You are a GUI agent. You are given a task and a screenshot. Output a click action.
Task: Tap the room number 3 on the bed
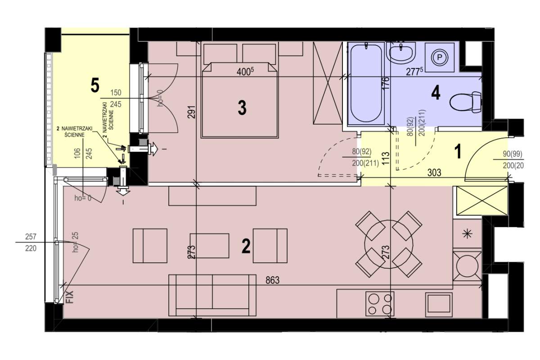(x=242, y=108)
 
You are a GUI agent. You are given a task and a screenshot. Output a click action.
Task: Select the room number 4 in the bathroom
(x=436, y=93)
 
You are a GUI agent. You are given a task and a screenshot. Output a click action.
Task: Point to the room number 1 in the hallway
(x=457, y=151)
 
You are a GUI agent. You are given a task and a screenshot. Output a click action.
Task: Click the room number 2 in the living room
(x=246, y=246)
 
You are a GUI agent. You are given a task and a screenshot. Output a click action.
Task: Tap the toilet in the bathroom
(x=465, y=102)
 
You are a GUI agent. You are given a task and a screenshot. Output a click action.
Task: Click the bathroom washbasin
(x=401, y=53)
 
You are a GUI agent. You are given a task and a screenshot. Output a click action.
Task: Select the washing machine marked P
(x=440, y=58)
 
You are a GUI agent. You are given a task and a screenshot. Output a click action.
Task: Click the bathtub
(x=366, y=83)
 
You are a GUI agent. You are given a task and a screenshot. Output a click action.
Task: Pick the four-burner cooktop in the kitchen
(x=380, y=304)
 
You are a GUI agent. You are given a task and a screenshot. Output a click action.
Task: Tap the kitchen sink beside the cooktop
(x=439, y=305)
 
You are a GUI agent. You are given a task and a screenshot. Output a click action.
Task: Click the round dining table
(x=389, y=244)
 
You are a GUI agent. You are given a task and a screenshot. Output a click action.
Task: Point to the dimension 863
(x=272, y=280)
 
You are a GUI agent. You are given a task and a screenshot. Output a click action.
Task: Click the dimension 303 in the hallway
(x=434, y=173)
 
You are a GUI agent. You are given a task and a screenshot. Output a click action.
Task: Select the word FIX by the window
(x=70, y=297)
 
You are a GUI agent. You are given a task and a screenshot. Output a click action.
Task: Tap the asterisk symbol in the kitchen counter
(x=468, y=234)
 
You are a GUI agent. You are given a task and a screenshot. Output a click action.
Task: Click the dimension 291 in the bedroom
(x=192, y=112)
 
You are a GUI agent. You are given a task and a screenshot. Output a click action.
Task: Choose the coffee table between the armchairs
(x=209, y=246)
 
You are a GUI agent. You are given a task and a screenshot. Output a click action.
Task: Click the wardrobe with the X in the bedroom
(x=328, y=83)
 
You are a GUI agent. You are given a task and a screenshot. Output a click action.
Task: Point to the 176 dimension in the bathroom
(x=386, y=83)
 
